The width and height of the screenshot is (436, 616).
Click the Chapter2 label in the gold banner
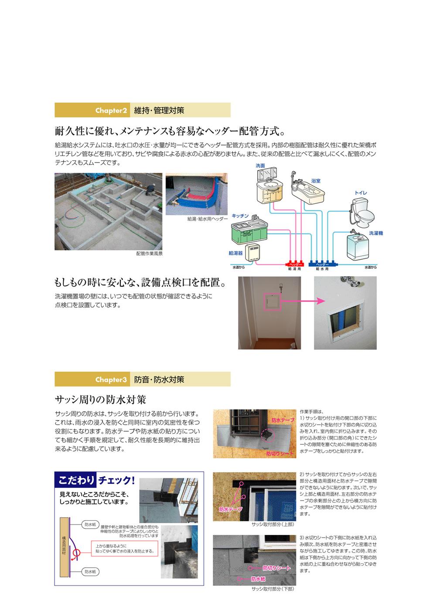111,111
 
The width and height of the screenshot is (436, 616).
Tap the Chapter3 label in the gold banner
111,380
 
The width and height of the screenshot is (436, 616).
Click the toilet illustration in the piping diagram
362,211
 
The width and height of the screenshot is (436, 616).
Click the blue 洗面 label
260,166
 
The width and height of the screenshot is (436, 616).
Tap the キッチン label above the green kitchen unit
240,216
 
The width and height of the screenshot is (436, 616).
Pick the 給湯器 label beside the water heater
236,253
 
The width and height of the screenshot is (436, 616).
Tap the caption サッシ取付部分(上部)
273,525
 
